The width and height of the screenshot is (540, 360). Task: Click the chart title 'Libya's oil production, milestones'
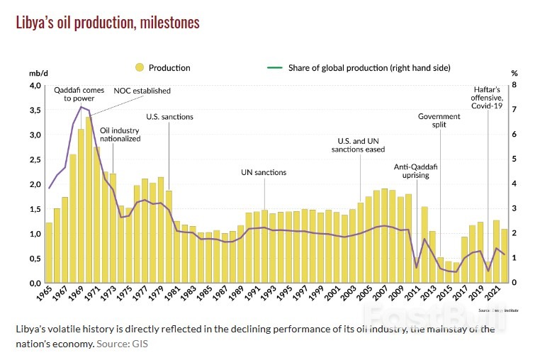click(108, 23)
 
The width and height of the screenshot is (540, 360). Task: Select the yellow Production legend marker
click(140, 67)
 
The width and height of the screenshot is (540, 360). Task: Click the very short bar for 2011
click(416, 274)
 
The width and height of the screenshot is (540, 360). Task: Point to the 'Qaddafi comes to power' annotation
click(79, 94)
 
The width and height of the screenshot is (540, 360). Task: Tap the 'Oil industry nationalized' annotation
click(120, 135)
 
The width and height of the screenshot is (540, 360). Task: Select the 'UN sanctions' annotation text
click(264, 172)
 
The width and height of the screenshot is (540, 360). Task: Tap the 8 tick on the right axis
click(514, 85)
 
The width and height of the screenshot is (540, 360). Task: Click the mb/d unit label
click(37, 73)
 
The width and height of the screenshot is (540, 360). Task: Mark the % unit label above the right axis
click(514, 73)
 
